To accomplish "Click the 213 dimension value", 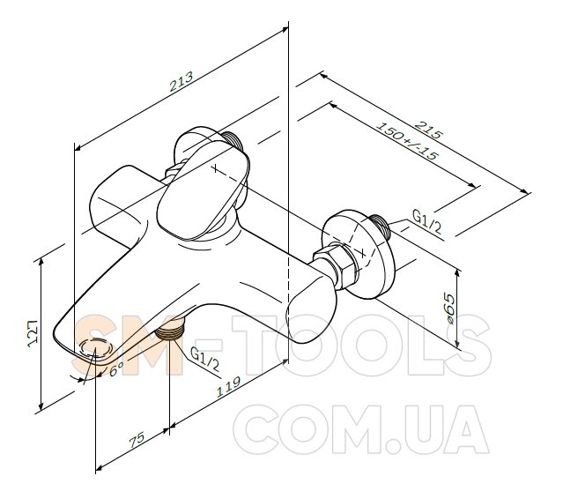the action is point(181,82).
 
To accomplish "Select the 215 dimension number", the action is point(429,130).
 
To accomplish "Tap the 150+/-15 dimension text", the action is point(408,141).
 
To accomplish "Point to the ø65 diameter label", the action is point(448,309).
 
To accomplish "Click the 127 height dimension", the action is point(33,332).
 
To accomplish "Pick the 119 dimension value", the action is point(228,386).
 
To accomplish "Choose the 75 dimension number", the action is point(137,440).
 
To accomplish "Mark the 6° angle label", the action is point(116,368).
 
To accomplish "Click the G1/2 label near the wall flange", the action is point(426,221).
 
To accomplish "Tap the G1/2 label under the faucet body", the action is point(204,359).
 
